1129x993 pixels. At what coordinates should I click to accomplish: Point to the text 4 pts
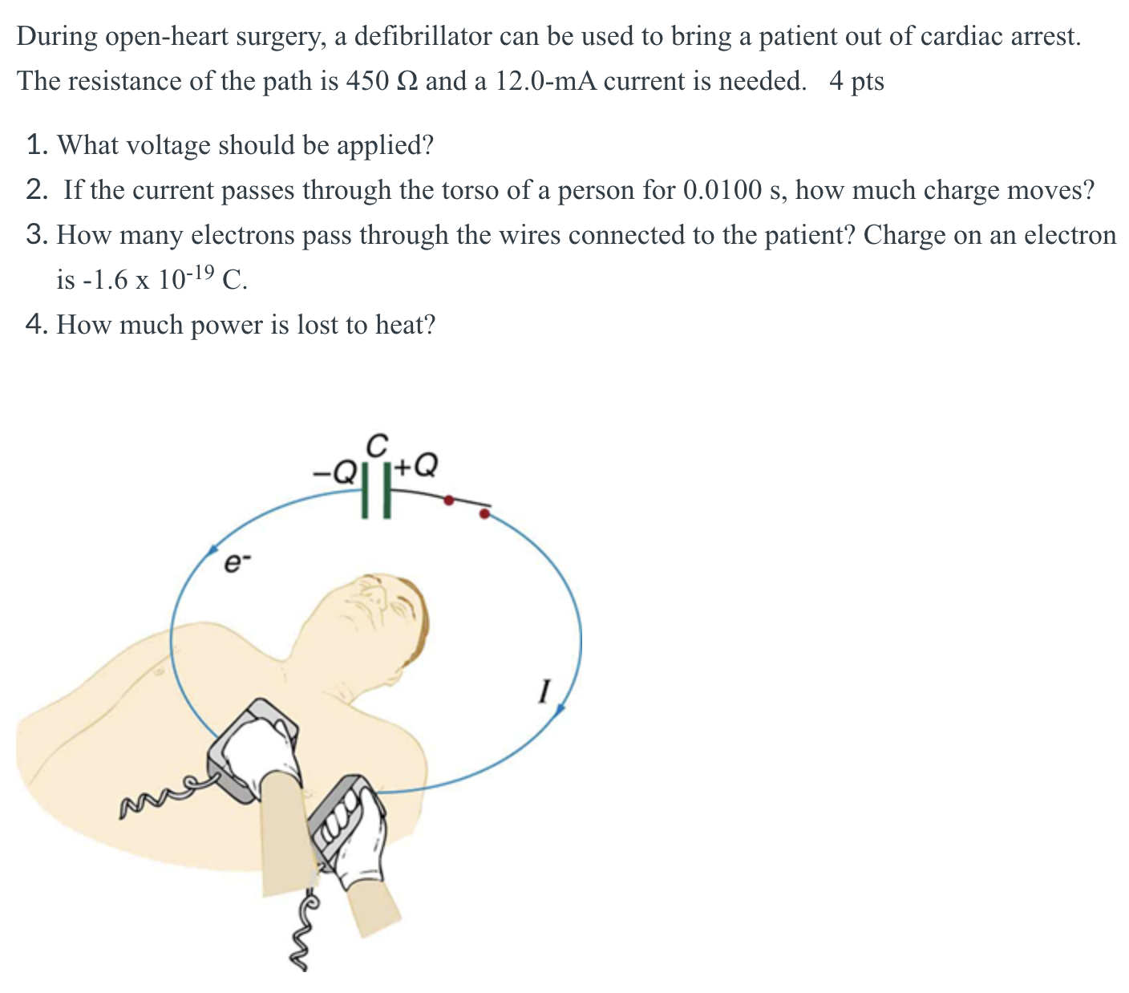pos(856,81)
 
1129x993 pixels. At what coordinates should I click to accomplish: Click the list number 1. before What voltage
pos(38,145)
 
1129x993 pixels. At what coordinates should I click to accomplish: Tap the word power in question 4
pos(227,325)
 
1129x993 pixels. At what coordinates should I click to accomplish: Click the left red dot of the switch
pos(449,501)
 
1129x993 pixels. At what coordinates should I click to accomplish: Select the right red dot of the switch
pos(484,513)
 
